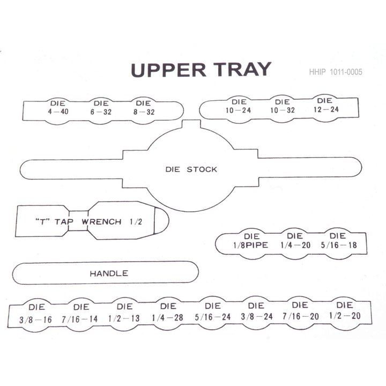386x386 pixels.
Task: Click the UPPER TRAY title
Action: (x=201, y=70)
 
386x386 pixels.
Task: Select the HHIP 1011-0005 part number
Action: (x=336, y=72)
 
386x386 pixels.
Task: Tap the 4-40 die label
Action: (x=58, y=108)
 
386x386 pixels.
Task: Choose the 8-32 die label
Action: (x=144, y=108)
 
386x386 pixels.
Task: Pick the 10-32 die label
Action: (x=283, y=106)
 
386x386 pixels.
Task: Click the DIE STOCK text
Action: (x=191, y=169)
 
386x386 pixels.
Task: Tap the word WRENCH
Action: (x=101, y=221)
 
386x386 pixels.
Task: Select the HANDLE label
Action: (x=109, y=273)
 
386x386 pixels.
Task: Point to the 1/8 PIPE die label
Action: (x=250, y=241)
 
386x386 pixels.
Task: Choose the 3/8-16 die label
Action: (x=36, y=314)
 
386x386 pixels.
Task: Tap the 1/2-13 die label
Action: (x=124, y=313)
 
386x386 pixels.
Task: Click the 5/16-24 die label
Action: (x=213, y=311)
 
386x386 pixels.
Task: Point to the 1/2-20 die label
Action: (x=345, y=310)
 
